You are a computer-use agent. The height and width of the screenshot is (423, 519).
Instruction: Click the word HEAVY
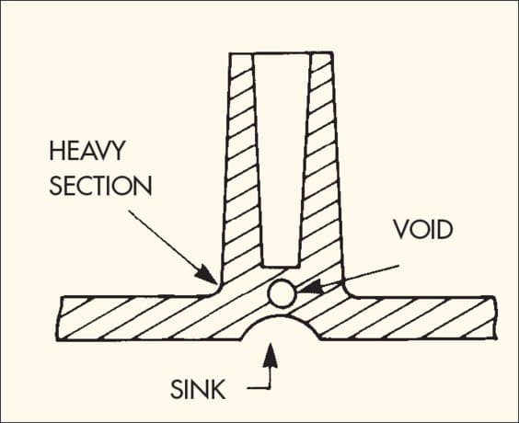[x=87, y=151]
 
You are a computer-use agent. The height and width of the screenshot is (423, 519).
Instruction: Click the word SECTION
[x=100, y=185]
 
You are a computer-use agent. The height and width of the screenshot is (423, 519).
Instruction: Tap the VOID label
[x=423, y=230]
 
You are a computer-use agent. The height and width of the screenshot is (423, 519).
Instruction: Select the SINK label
[x=198, y=389]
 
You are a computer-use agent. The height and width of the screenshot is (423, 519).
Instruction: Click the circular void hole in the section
[x=282, y=293]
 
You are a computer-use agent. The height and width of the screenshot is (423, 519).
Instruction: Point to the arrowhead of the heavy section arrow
[x=206, y=275]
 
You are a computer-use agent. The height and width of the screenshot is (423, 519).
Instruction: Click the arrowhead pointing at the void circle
[x=310, y=288]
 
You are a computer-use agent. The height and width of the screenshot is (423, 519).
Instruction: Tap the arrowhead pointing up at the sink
[x=271, y=355]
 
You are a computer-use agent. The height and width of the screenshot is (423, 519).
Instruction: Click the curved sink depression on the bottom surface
[x=281, y=317]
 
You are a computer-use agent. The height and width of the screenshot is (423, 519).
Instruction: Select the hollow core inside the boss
[x=282, y=159]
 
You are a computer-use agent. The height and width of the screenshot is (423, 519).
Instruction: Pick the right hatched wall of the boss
[x=321, y=166]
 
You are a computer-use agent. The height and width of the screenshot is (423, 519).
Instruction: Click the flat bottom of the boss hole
[x=281, y=266]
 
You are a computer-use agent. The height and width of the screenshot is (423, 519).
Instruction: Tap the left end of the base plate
[x=59, y=318]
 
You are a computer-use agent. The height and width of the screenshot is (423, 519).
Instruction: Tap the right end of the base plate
[x=495, y=317]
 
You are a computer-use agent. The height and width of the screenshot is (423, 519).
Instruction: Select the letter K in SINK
[x=218, y=389]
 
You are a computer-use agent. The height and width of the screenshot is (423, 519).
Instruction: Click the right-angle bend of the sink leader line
[x=270, y=388]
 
